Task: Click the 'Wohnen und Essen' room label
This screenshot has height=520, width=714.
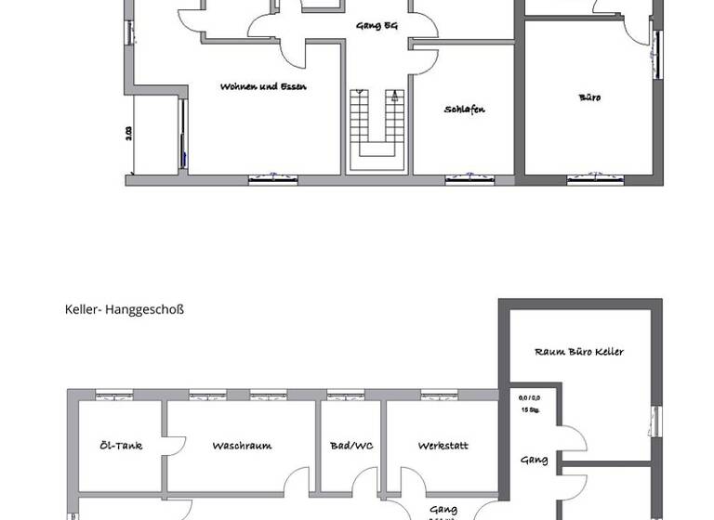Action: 263,86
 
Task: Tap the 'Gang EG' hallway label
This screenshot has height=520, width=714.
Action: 377,26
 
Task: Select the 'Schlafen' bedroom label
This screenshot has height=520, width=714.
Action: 464,110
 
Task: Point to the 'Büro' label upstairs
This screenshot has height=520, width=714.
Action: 589,97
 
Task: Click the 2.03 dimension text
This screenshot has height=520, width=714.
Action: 129,134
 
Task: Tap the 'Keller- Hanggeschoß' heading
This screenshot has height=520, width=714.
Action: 125,309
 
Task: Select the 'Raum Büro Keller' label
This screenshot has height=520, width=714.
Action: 579,352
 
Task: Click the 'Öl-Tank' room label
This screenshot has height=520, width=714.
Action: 121,446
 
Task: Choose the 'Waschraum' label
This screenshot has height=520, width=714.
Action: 242,446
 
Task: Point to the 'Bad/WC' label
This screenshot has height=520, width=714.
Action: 351,446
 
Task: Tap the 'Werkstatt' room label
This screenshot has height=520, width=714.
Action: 443,446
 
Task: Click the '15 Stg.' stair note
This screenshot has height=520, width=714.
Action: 530,409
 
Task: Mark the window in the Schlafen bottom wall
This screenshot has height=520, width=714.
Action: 469,178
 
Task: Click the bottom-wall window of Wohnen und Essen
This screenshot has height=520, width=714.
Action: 272,178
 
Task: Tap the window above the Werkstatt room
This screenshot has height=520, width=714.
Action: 439,395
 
